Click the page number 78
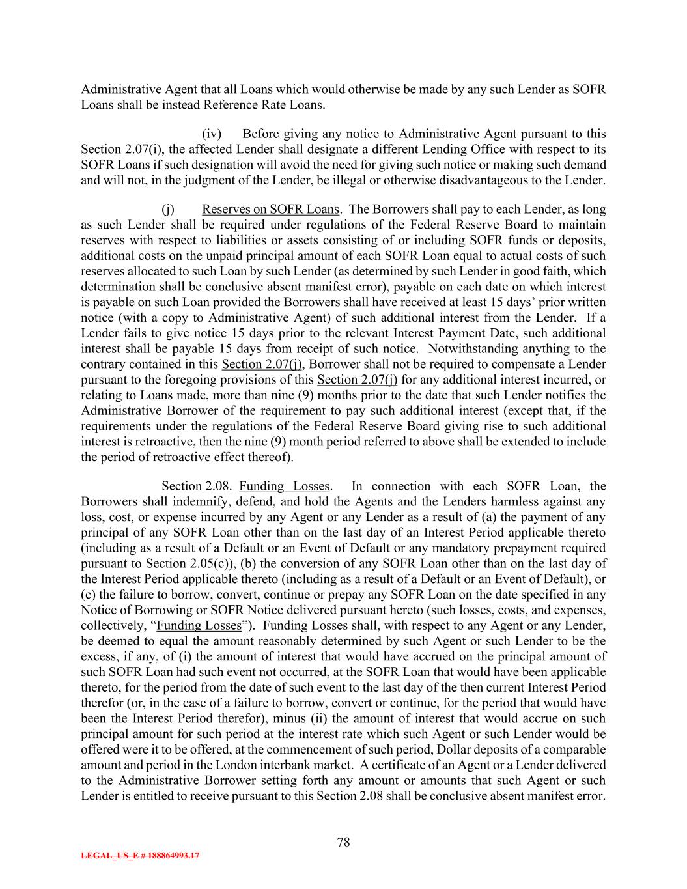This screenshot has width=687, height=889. [343, 842]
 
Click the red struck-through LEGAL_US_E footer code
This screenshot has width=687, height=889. [140, 856]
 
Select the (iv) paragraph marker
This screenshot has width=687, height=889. [212, 134]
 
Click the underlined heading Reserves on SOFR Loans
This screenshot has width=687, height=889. [270, 210]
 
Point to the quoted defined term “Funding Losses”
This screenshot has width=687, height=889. [199, 626]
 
